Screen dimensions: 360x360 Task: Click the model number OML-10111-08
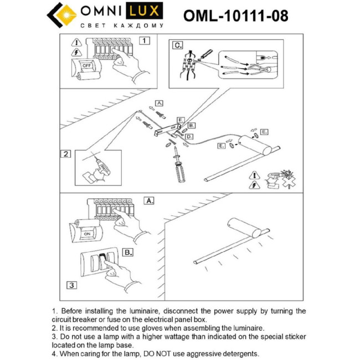tap(235, 16)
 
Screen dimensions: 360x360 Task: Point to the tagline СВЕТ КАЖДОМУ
tap(122, 25)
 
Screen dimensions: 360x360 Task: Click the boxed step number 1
tap(144, 40)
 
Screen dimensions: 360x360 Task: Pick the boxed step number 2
tap(66, 154)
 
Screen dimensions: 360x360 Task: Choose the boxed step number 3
tap(71, 286)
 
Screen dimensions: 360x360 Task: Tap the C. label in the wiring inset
tap(177, 45)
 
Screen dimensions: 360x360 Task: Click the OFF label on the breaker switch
tap(86, 65)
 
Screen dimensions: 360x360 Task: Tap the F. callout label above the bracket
tap(180, 120)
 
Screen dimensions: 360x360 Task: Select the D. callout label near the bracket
tap(189, 136)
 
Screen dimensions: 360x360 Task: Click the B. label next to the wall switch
tap(127, 252)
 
